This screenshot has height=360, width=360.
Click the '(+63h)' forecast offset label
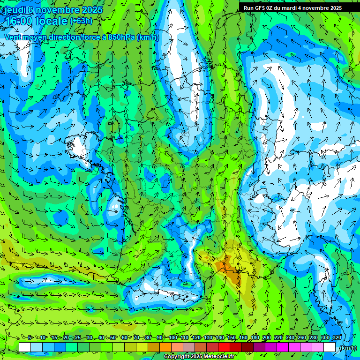pos(81,21)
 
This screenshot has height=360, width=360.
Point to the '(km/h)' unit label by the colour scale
pos(347,347)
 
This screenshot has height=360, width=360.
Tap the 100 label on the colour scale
pos(173,337)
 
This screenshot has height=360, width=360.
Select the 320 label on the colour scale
pos(337,337)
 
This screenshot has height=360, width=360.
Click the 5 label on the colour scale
pos(30,337)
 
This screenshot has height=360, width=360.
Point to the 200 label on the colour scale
pos(267,337)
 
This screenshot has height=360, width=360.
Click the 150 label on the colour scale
pos(232,337)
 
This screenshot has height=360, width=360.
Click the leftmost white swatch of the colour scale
pos(25,347)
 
